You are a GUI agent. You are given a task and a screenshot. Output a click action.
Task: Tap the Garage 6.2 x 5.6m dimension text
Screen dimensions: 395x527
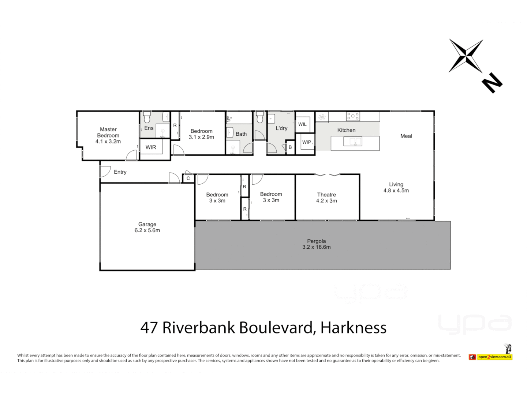(147, 230)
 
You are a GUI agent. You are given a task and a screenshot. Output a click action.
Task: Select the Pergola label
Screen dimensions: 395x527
(316, 241)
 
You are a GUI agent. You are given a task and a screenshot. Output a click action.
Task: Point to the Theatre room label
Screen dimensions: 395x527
(326, 195)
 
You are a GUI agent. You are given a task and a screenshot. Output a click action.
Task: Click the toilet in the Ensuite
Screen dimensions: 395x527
(147, 118)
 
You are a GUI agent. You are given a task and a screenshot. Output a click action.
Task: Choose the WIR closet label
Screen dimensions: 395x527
(151, 147)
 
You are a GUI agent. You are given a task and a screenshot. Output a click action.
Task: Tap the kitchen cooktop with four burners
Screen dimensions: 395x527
(353, 116)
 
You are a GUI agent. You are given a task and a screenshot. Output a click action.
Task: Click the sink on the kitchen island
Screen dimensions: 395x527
(353, 141)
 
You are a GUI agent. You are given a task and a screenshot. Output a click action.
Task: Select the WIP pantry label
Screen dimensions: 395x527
(306, 142)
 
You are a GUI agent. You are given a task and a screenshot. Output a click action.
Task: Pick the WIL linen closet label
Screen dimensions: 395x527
(302, 124)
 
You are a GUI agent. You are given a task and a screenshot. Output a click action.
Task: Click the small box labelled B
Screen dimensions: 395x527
(290, 147)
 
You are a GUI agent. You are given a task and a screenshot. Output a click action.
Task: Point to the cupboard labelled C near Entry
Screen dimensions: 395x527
(188, 178)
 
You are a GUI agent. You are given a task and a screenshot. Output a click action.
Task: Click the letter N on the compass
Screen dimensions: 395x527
(492, 83)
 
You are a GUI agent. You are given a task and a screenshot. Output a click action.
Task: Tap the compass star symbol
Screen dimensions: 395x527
(466, 56)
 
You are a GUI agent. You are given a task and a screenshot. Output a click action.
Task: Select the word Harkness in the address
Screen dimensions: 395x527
(353, 328)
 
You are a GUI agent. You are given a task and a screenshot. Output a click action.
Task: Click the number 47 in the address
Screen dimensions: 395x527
(149, 328)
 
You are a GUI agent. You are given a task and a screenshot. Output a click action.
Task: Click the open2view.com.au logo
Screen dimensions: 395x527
(491, 357)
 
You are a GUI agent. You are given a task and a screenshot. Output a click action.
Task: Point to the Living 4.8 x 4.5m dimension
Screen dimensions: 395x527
(396, 191)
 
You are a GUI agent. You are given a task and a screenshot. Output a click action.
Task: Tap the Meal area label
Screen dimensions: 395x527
(406, 136)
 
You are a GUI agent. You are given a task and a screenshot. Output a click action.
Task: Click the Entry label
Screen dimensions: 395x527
(120, 172)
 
